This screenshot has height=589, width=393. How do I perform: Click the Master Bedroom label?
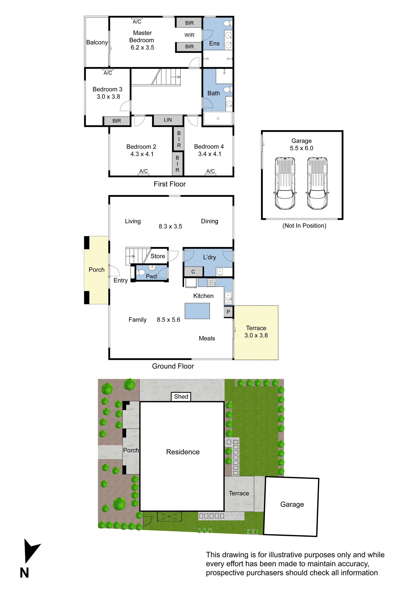142,37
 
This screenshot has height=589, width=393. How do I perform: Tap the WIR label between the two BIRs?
189,35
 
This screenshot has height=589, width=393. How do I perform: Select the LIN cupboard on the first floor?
168,120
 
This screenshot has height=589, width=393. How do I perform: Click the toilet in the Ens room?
227,24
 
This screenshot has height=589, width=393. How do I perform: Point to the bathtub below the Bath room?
218,118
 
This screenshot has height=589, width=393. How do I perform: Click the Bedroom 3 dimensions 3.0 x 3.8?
108,97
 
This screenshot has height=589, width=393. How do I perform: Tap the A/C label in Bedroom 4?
210,171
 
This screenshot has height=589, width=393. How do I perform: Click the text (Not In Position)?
304,226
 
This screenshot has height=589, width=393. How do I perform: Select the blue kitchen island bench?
197,311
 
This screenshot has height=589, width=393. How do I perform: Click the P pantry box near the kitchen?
228,312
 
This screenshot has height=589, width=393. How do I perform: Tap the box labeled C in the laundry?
193,272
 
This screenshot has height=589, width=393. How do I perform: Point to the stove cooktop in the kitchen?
211,282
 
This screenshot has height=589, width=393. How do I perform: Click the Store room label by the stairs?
158,256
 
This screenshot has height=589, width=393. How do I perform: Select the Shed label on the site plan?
181,397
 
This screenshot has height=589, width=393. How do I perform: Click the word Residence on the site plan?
183,452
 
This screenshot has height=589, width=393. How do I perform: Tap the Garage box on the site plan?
292,504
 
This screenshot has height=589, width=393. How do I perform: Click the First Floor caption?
169,184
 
